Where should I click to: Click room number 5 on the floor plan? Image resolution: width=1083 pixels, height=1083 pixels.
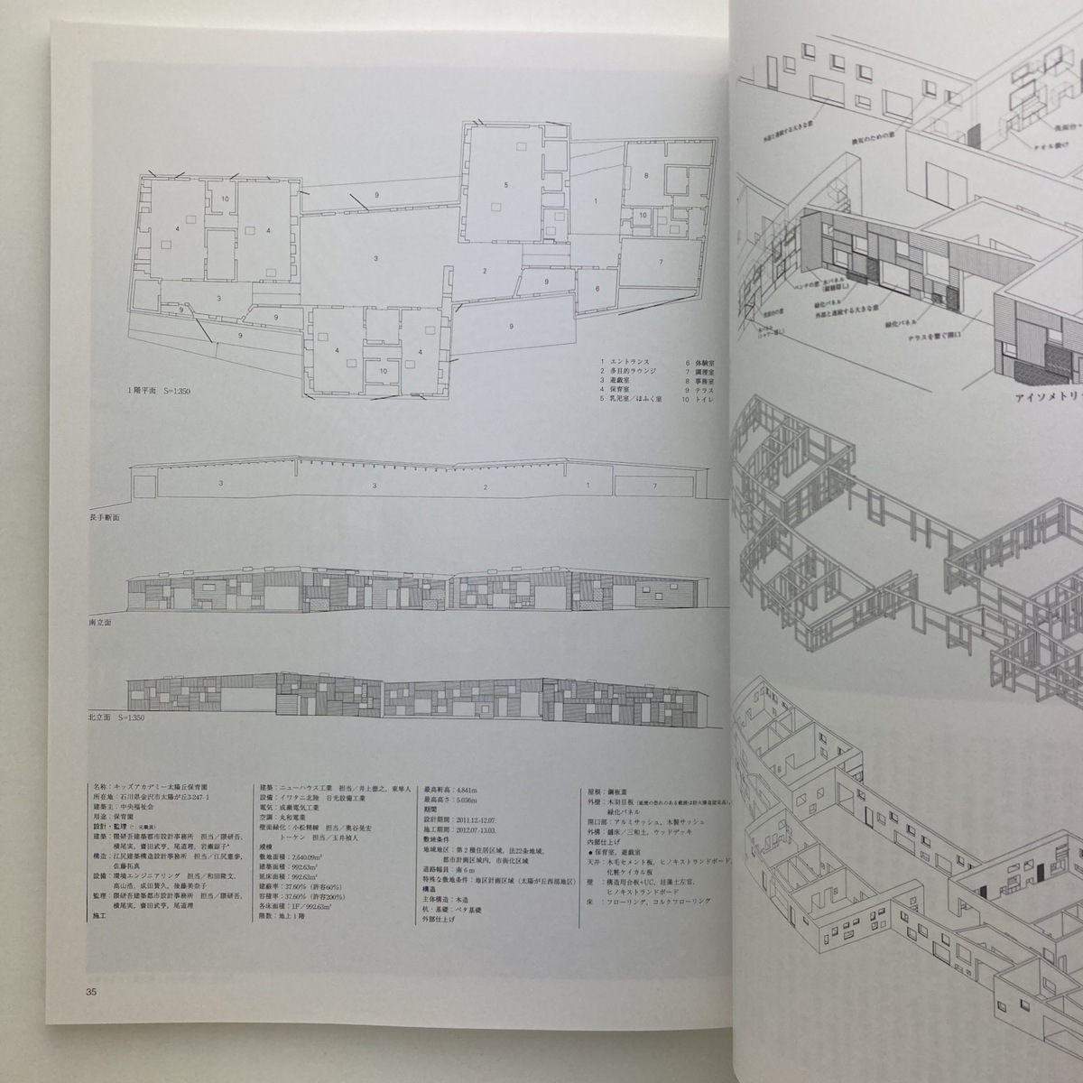coord(506,185)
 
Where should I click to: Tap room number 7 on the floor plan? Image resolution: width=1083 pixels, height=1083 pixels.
coord(661,262)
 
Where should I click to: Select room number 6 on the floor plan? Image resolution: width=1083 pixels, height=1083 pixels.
coord(596,288)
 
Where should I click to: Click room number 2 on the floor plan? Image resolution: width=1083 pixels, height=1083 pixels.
coord(485,271)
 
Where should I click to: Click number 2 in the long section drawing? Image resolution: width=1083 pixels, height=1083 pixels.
coord(485,486)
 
